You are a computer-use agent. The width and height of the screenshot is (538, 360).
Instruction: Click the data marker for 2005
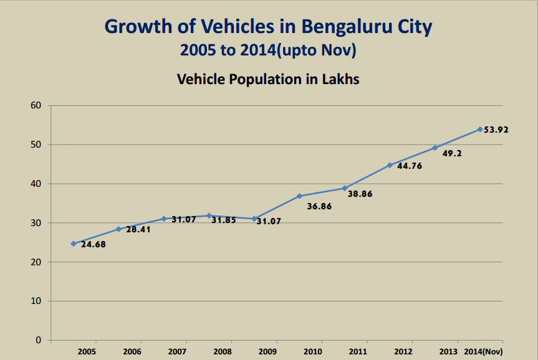click(x=74, y=244)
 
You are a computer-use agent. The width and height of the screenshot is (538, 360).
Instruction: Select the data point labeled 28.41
click(x=118, y=229)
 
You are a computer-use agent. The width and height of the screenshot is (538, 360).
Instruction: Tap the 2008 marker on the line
click(x=209, y=216)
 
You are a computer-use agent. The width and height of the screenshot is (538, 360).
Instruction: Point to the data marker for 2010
click(x=299, y=196)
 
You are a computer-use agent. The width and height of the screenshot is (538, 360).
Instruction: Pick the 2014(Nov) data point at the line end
click(x=480, y=129)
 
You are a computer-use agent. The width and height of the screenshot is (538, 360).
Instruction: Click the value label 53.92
click(x=496, y=130)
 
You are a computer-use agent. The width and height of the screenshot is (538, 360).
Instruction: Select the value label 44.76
click(x=410, y=166)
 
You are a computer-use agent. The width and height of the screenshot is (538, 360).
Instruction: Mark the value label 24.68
click(x=94, y=244)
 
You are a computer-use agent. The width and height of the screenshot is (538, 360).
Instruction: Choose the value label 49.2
click(x=452, y=153)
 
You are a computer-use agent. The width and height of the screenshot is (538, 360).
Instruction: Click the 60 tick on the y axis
click(x=36, y=105)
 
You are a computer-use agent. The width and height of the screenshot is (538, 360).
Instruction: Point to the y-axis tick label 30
click(x=36, y=223)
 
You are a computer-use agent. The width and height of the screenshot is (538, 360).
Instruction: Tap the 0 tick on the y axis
click(x=38, y=341)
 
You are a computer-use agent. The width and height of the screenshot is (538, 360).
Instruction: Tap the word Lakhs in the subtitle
click(x=340, y=80)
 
